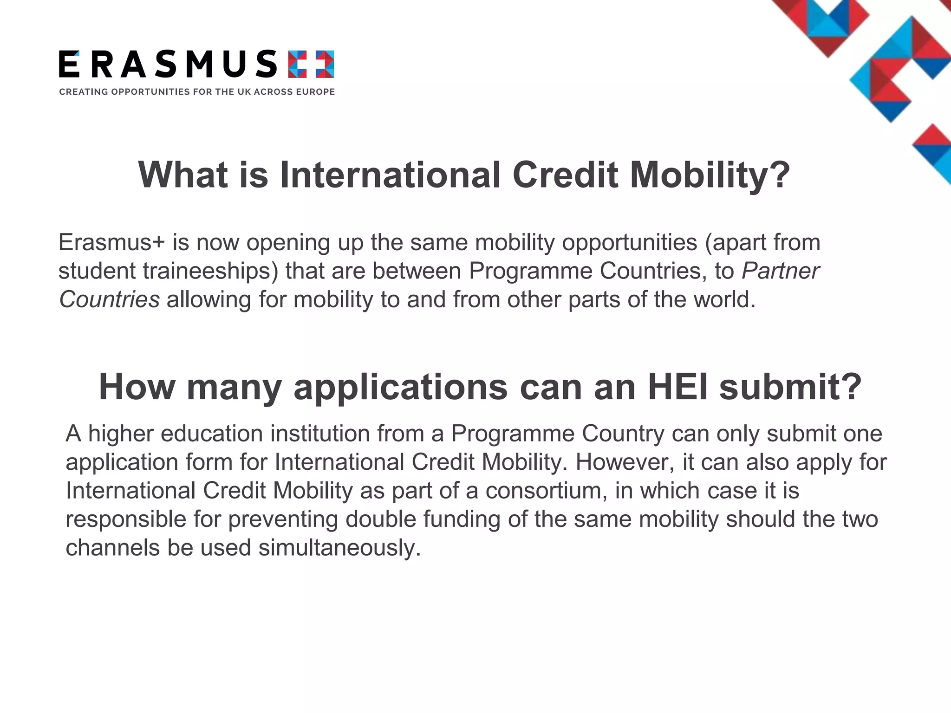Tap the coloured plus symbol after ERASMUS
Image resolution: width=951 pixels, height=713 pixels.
(311, 64)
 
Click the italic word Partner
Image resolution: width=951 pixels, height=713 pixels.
(780, 271)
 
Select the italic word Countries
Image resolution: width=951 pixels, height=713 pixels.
(110, 299)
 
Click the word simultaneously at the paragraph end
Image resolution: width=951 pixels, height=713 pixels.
(339, 548)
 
